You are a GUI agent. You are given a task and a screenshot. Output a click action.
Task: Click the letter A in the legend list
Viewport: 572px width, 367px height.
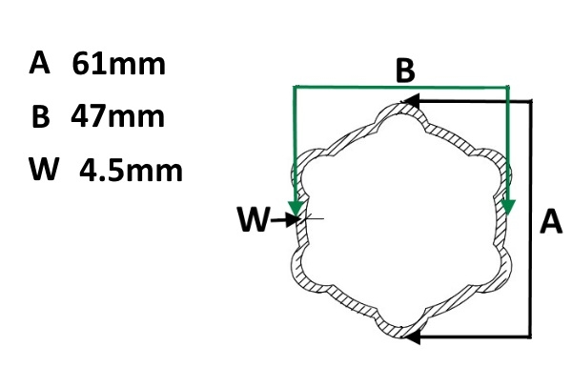[x=39, y=63]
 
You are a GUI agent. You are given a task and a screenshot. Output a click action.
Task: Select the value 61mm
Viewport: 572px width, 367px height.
[x=119, y=64]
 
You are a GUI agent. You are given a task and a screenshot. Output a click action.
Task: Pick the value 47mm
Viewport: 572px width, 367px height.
[x=118, y=116]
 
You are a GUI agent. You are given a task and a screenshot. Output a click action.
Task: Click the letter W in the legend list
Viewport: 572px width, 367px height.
[x=44, y=169]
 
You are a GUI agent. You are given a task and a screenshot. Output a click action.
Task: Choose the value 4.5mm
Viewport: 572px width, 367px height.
[x=131, y=171]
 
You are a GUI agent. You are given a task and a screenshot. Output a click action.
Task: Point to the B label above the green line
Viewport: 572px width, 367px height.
[x=405, y=71]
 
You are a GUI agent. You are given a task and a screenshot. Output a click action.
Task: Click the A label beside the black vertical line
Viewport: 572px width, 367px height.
[x=551, y=221]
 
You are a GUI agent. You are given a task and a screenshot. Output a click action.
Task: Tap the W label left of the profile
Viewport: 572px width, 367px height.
[x=254, y=219]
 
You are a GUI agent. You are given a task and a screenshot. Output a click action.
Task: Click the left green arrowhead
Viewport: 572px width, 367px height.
[x=296, y=209]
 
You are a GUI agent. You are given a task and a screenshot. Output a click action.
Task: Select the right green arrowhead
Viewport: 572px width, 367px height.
[x=507, y=207]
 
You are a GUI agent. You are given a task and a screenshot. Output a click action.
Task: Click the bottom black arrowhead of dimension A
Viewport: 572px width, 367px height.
[x=411, y=336]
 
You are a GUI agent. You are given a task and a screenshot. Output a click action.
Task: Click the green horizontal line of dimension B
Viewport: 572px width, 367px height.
[x=401, y=87]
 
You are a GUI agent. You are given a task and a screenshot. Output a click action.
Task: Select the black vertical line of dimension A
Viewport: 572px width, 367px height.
[x=531, y=217]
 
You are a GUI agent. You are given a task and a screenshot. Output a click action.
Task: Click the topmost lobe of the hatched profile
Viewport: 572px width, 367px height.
[x=400, y=107]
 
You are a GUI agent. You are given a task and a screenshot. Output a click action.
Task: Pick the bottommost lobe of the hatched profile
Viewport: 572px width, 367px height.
[x=400, y=331]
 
